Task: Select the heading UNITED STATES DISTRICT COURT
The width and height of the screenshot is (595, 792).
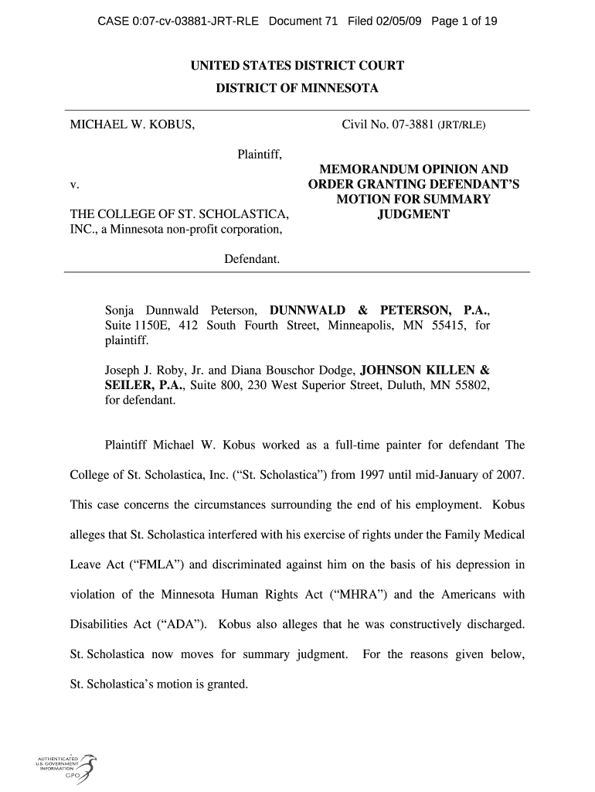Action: coord(297,67)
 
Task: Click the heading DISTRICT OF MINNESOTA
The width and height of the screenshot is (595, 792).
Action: coord(297,89)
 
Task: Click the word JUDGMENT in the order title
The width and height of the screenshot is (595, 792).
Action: coord(413,213)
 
